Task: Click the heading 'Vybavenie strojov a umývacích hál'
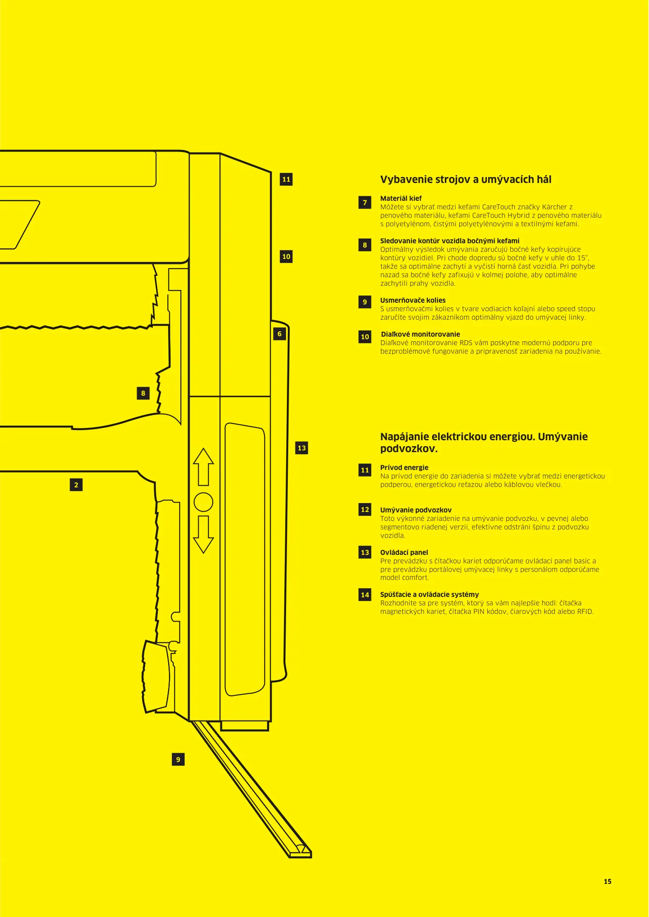[466, 180]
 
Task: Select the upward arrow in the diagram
[203, 466]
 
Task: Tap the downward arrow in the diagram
[203, 534]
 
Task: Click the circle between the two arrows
[203, 502]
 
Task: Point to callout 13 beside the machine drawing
[302, 448]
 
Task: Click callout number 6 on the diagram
[279, 334]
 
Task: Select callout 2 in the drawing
[76, 485]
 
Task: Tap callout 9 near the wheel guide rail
[178, 759]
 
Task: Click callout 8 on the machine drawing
[143, 393]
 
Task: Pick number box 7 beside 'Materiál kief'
[365, 203]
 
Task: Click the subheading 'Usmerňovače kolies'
[413, 300]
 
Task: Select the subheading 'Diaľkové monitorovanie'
[420, 334]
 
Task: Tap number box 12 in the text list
[365, 509]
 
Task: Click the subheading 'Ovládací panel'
[404, 552]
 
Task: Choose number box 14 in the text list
[365, 595]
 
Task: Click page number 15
[607, 881]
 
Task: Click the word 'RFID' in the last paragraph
[585, 612]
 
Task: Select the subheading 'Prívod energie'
[404, 467]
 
